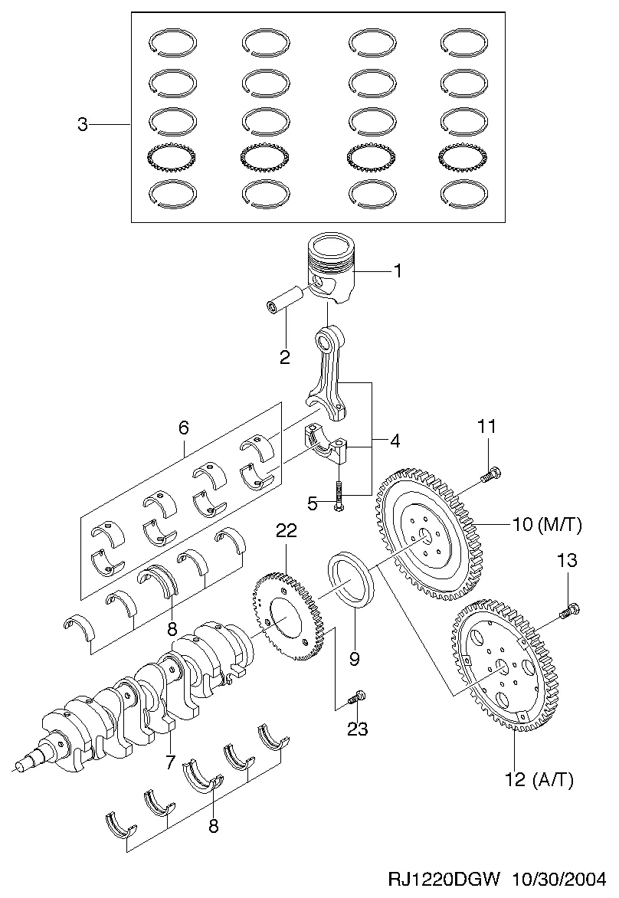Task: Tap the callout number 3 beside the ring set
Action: [83, 124]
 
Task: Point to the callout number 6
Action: [183, 428]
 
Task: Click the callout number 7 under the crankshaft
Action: [169, 762]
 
